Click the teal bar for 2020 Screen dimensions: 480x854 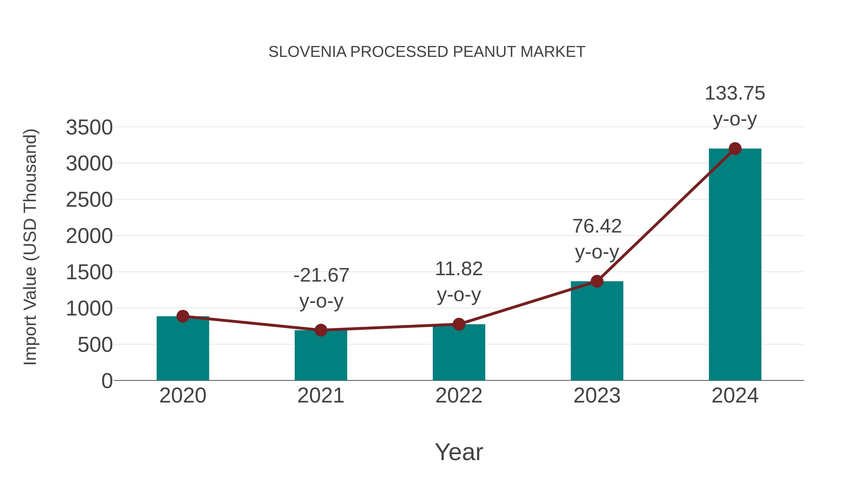pyautogui.click(x=183, y=351)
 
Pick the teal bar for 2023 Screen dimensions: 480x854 pyautogui.click(x=597, y=331)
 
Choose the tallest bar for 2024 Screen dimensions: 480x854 pyautogui.click(x=735, y=265)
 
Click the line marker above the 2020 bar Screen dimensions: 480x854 pyautogui.click(x=183, y=316)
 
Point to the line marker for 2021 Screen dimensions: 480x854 pyautogui.click(x=320, y=330)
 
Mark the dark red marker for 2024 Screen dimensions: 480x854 pyautogui.click(x=735, y=149)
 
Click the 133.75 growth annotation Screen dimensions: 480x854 pyautogui.click(x=735, y=93)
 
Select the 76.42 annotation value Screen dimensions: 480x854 pyautogui.click(x=597, y=227)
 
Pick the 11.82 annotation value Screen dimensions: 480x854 pyautogui.click(x=459, y=269)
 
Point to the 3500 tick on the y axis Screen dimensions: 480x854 pyautogui.click(x=89, y=128)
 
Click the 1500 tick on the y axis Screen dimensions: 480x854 pyautogui.click(x=89, y=273)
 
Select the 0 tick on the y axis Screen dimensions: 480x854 pyautogui.click(x=107, y=381)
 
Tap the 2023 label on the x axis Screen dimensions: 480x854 pyautogui.click(x=597, y=396)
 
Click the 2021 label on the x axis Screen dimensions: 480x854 pyautogui.click(x=320, y=396)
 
